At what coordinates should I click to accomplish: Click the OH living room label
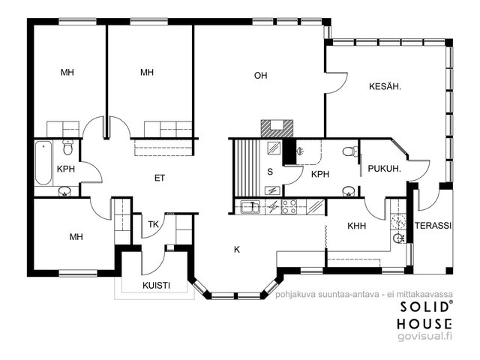(x=260, y=75)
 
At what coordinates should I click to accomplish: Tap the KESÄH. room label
(x=385, y=87)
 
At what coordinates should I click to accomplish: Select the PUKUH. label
(x=385, y=169)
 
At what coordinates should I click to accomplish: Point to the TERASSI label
(x=433, y=226)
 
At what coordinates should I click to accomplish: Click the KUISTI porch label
(x=156, y=286)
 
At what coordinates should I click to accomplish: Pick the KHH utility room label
(x=357, y=226)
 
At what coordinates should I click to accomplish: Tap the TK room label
(x=153, y=224)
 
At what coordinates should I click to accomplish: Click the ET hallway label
(x=160, y=178)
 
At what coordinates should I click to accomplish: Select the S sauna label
(x=270, y=172)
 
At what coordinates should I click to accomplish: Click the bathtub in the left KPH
(x=43, y=163)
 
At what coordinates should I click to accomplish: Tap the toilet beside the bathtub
(x=67, y=147)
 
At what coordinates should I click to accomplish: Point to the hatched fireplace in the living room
(x=277, y=128)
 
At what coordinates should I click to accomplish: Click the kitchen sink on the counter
(x=250, y=207)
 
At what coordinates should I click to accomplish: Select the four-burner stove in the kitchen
(x=289, y=207)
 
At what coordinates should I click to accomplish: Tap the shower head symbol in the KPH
(x=300, y=151)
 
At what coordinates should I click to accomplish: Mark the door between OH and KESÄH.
(x=336, y=82)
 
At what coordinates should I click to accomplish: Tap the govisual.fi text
(x=424, y=336)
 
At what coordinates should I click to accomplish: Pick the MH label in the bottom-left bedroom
(x=76, y=237)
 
